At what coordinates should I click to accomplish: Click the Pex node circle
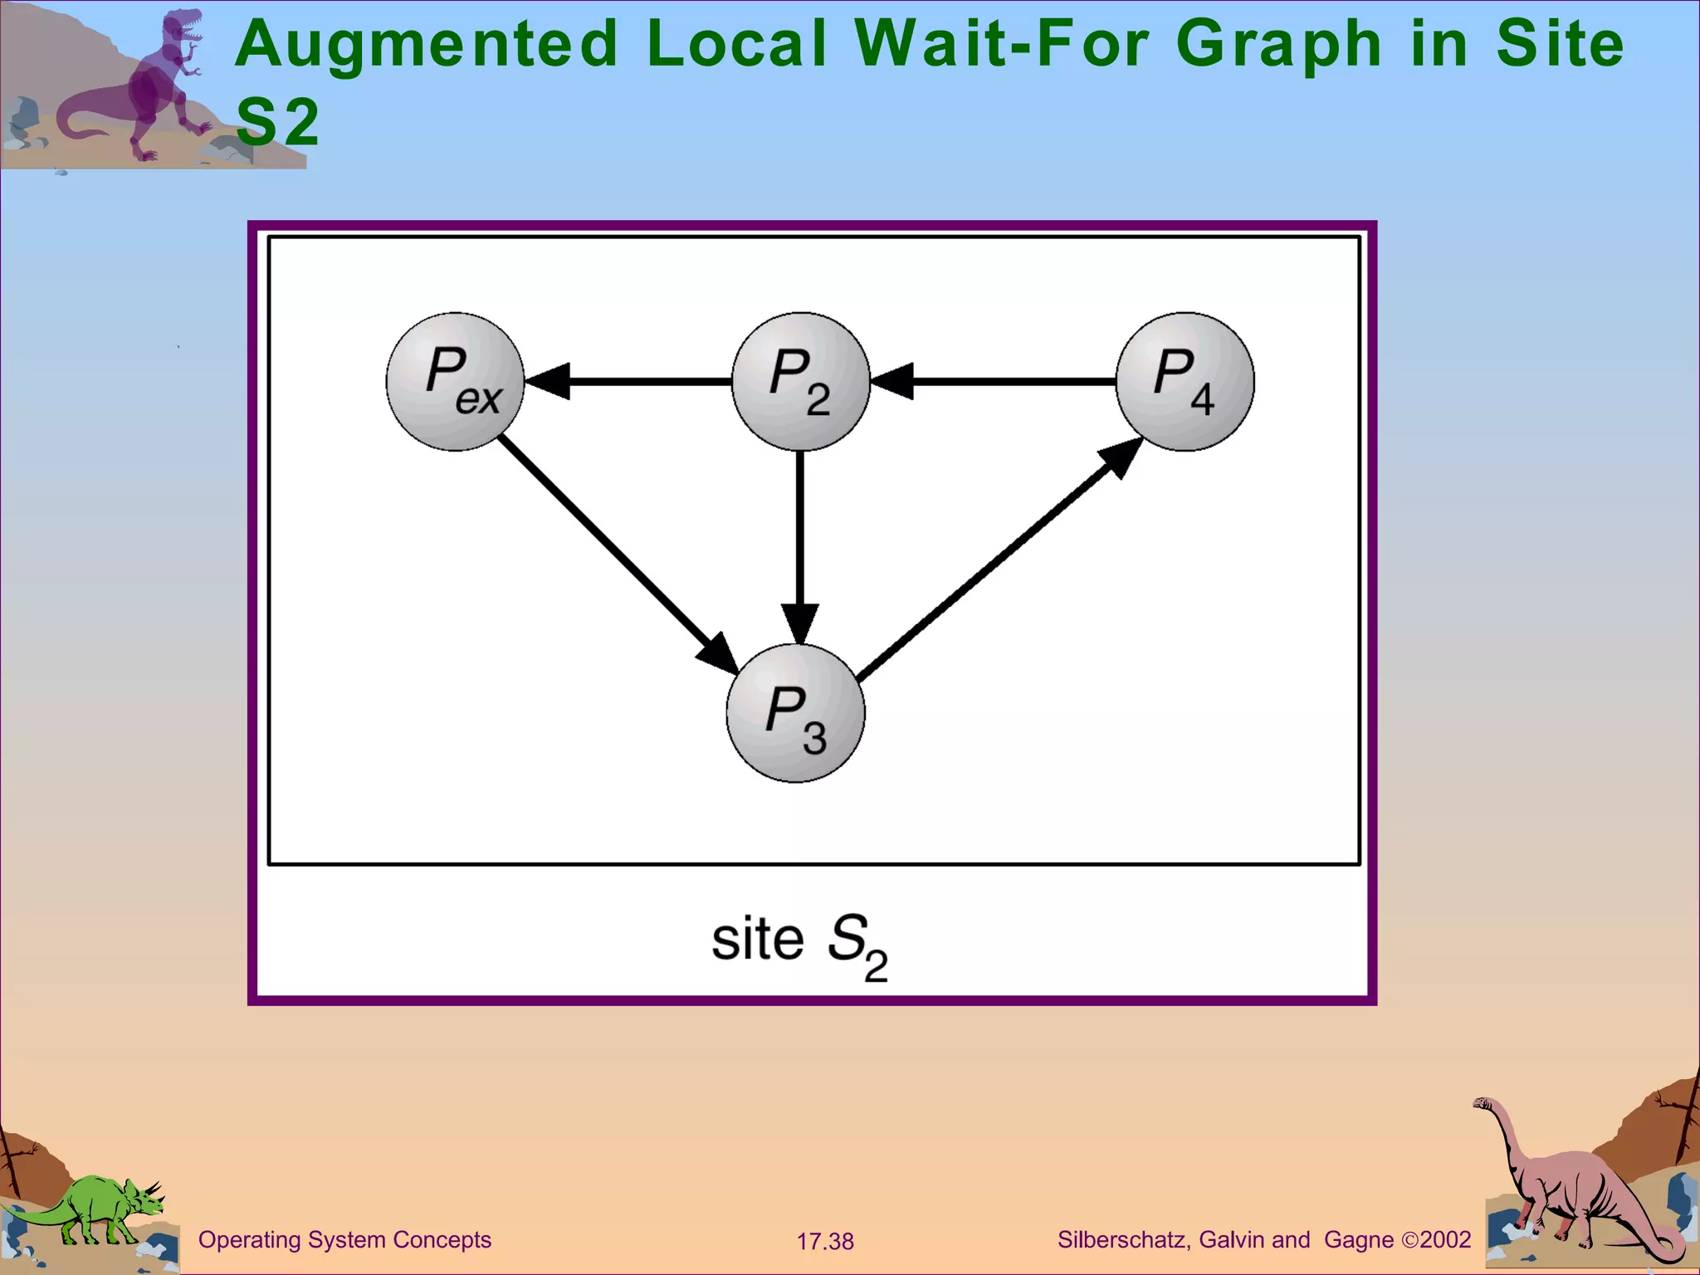click(x=455, y=382)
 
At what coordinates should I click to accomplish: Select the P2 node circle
click(x=800, y=382)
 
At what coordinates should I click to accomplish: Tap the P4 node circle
click(x=1185, y=382)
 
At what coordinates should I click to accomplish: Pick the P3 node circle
click(x=795, y=713)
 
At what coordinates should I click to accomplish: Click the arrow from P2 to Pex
click(x=631, y=382)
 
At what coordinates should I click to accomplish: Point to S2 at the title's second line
click(x=277, y=122)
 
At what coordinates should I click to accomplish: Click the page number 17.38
click(x=825, y=1242)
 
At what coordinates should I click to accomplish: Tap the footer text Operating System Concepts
click(x=344, y=1240)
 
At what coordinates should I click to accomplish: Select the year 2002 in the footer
click(x=1445, y=1240)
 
